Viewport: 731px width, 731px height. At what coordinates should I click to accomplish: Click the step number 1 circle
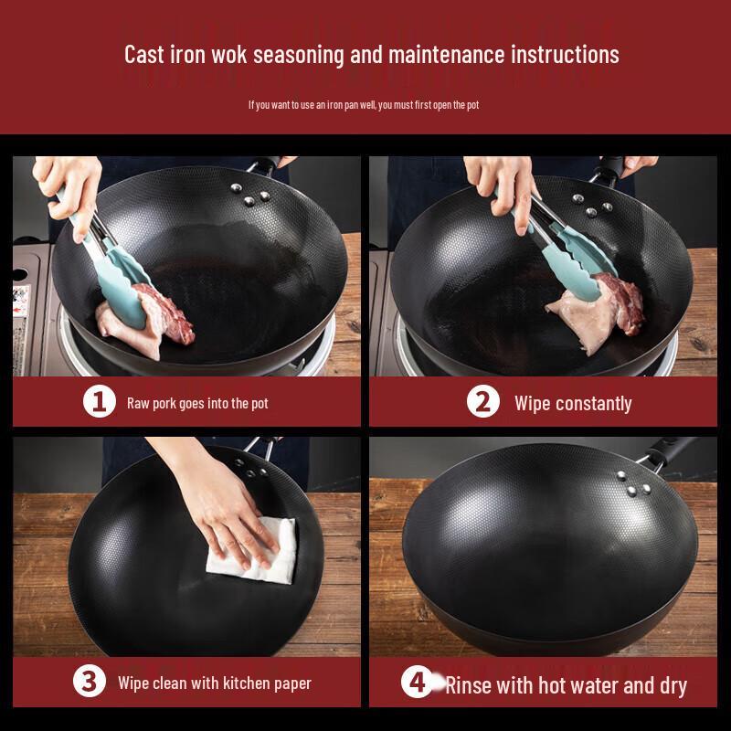(x=100, y=401)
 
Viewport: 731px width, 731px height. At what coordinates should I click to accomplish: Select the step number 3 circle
(x=89, y=681)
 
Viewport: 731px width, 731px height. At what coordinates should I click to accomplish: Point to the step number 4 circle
(x=418, y=682)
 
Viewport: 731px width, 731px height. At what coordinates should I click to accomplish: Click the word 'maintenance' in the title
(x=446, y=55)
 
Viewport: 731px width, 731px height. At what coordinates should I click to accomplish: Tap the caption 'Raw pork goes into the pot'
(x=197, y=403)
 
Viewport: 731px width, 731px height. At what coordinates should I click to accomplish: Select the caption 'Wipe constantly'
(x=573, y=404)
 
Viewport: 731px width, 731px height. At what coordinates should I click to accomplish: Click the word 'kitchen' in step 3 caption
(x=246, y=683)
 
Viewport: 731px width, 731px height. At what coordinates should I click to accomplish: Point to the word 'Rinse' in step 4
(x=466, y=685)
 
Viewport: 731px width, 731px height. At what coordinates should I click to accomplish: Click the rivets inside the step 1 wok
(x=249, y=195)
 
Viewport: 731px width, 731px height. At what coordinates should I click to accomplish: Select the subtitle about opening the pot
(x=364, y=105)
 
